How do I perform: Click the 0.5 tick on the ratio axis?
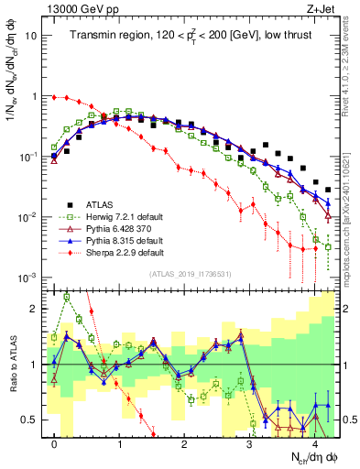coord(29,420)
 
